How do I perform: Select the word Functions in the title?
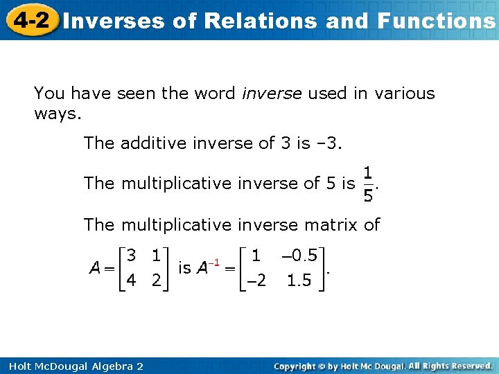(x=436, y=21)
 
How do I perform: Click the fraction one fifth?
(x=369, y=184)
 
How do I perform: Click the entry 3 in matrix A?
(x=132, y=256)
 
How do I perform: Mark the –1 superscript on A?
(x=216, y=262)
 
